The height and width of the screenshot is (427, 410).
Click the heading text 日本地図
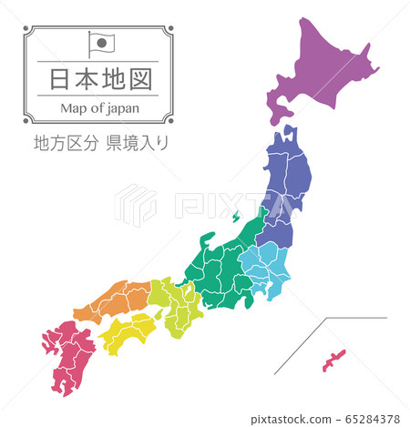point(96,77)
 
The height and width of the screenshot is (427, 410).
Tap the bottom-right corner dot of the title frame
point(169,119)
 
